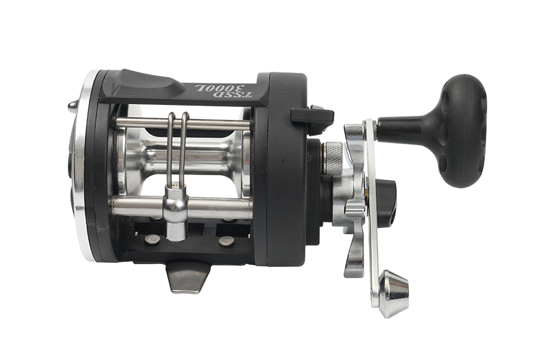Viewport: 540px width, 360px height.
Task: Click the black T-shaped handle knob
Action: click(x=458, y=130)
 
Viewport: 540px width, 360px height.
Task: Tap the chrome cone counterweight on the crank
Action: click(x=394, y=293)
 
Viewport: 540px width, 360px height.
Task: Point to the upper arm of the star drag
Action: click(x=355, y=138)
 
